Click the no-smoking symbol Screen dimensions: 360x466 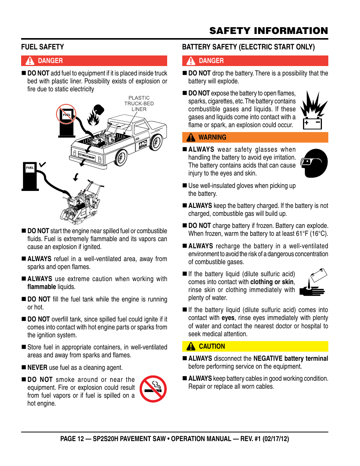pyautogui.click(x=153, y=389)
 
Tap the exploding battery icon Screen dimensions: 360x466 pyautogui.click(x=314, y=110)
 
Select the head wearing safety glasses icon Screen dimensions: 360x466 pyautogui.click(x=314, y=163)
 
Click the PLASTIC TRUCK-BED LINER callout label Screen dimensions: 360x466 pyautogui.click(x=139, y=103)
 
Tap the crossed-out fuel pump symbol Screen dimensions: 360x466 pyautogui.click(x=66, y=120)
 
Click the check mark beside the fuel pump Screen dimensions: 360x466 pyautogui.click(x=43, y=164)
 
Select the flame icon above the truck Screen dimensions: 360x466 pyautogui.click(x=95, y=115)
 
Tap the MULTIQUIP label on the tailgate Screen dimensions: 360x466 pyautogui.click(x=87, y=156)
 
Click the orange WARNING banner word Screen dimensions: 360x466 pyautogui.click(x=212, y=137)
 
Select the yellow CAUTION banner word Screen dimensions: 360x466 pyautogui.click(x=212, y=346)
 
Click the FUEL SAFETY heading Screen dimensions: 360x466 pyautogui.click(x=43, y=47)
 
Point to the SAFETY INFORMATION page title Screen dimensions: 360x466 pyautogui.click(x=269, y=31)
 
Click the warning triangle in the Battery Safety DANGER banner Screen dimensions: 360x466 pyautogui.click(x=191, y=61)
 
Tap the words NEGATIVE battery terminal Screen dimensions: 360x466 pyautogui.click(x=291, y=358)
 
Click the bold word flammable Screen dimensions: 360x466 pyautogui.click(x=42, y=287)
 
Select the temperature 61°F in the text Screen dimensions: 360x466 pyautogui.click(x=302, y=234)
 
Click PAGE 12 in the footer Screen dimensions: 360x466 pyautogui.click(x=72, y=439)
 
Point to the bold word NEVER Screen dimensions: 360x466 pyautogui.click(x=37, y=368)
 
